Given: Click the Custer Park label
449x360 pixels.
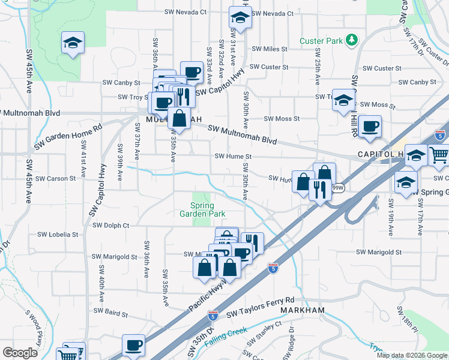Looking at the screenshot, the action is click(321, 41).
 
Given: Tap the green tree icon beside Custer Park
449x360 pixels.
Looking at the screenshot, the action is click(351, 41).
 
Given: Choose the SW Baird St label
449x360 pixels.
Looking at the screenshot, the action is click(108, 313).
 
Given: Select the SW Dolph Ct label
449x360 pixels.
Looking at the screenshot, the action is click(111, 226).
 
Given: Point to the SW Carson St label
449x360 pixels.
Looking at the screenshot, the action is click(56, 178).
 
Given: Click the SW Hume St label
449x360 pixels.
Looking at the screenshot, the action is click(232, 157).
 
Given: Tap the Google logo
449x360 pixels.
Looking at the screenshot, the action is click(20, 353).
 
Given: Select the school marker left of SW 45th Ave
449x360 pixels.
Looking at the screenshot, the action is click(73, 43).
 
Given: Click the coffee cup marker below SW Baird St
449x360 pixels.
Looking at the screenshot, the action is click(134, 346).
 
